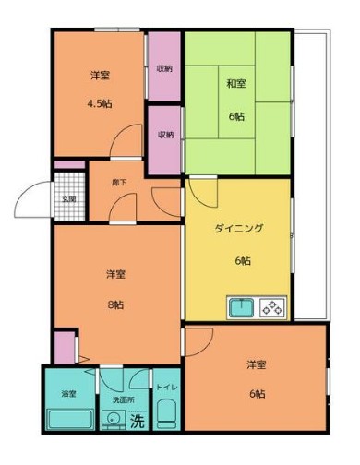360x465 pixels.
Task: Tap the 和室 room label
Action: [235, 85]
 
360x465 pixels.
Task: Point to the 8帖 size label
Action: [115, 304]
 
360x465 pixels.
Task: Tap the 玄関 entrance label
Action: [68, 197]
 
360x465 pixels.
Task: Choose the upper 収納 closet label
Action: [165, 68]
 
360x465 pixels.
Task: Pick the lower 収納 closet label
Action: [165, 135]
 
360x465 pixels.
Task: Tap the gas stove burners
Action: [274, 307]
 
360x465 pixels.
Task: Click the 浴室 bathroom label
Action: [67, 395]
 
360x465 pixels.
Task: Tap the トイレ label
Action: [166, 388]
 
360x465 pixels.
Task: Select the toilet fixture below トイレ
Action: [166, 417]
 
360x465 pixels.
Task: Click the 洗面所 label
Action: [123, 401]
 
